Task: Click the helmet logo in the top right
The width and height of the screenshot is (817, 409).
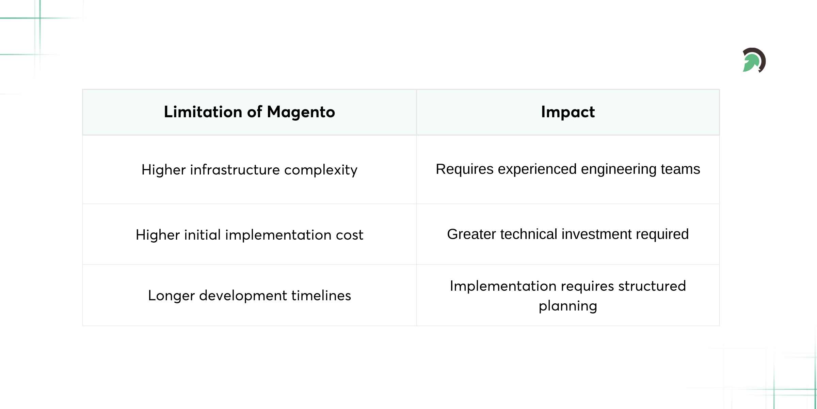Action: [754, 60]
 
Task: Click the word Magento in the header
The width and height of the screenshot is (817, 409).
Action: [301, 112]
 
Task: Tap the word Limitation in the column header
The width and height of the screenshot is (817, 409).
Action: [203, 112]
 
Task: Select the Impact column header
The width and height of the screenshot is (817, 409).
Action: [568, 112]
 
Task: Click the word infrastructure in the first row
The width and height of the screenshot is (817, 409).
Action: [235, 170]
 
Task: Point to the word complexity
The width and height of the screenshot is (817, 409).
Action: [321, 170]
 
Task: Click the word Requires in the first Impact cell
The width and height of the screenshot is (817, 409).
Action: [464, 169]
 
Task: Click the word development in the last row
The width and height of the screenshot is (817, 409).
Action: [243, 296]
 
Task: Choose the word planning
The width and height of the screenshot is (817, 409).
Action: [568, 306]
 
